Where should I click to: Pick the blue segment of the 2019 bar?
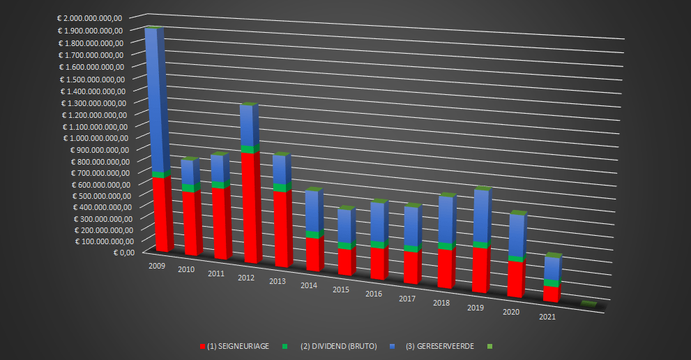[x=480, y=216]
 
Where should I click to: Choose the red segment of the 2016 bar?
[x=377, y=262]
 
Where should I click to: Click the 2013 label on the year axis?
[x=276, y=280]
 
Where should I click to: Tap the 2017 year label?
[x=407, y=299]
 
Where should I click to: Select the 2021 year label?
[x=547, y=317]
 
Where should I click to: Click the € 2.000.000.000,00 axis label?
[x=90, y=19]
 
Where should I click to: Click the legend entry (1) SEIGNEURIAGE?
[x=238, y=346]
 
